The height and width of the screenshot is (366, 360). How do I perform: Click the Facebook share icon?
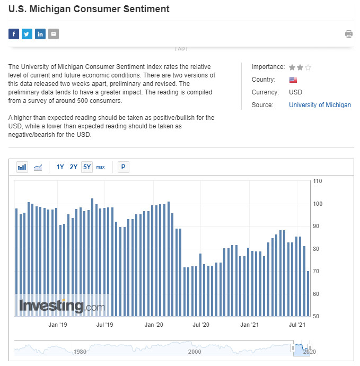[14, 34]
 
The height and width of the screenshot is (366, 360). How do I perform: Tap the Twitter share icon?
[27, 34]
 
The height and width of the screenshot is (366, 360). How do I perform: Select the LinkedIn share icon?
[40, 34]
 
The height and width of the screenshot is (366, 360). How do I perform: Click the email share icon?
[54, 34]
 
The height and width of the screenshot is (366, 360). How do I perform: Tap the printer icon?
[349, 34]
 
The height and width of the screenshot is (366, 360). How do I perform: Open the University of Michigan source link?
[320, 105]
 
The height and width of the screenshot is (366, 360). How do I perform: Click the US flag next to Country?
[293, 80]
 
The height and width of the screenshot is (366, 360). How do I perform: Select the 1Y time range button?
[60, 167]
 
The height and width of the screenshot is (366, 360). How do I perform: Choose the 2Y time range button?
[73, 167]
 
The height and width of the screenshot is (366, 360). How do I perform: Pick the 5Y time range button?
[87, 167]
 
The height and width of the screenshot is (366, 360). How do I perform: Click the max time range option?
[100, 167]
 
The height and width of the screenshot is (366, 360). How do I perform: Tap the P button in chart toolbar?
[123, 167]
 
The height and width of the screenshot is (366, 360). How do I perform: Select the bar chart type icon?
[22, 167]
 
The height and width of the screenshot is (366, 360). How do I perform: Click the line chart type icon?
[38, 167]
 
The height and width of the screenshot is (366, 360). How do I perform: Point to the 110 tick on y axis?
[318, 181]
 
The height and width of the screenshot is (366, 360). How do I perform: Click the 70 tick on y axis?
[317, 272]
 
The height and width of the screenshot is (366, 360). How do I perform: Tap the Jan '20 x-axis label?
[153, 324]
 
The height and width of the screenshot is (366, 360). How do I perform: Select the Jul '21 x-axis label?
[297, 324]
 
